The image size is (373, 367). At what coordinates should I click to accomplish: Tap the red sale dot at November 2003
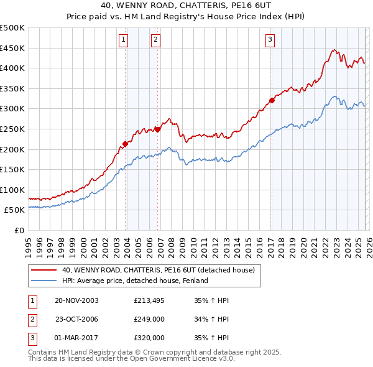pyautogui.click(x=126, y=144)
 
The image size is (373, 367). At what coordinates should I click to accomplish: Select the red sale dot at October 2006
pyautogui.click(x=157, y=129)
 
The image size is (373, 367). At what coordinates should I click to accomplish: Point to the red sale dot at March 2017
pyautogui.click(x=272, y=100)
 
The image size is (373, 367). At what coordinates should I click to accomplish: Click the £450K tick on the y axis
pyautogui.click(x=12, y=48)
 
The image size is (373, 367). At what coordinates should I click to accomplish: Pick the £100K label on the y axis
pyautogui.click(x=12, y=190)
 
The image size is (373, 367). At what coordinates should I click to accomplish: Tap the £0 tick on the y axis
pyautogui.click(x=19, y=230)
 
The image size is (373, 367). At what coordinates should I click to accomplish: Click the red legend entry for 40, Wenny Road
pyautogui.click(x=158, y=270)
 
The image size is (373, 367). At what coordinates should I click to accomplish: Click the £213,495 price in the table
pyautogui.click(x=149, y=300)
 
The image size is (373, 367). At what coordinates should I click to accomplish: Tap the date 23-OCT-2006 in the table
pyautogui.click(x=76, y=319)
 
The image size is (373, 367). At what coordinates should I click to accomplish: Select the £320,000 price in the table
pyautogui.click(x=149, y=338)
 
